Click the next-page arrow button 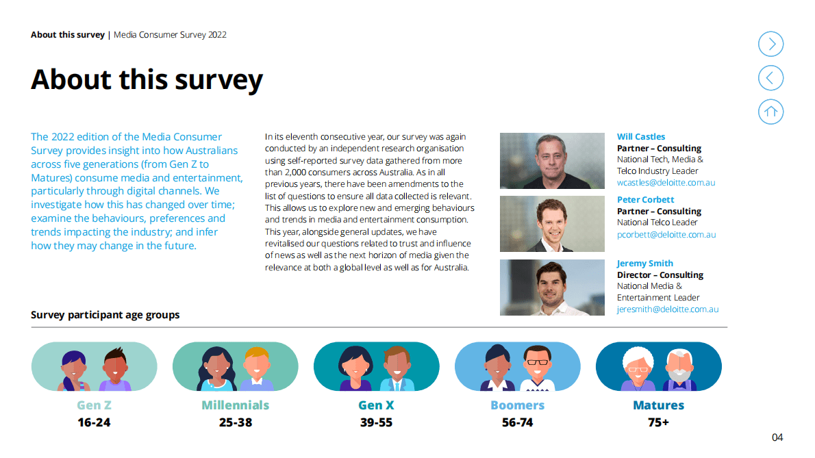tap(770, 44)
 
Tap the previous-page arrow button tap(770, 78)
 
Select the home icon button tap(770, 112)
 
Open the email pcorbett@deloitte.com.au tap(666, 234)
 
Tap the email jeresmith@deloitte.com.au tap(667, 309)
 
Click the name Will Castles tap(640, 137)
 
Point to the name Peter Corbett tap(645, 200)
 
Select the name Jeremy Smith tap(644, 264)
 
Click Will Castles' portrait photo tap(552, 161)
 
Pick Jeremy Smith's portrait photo tap(552, 288)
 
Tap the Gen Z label tap(94, 405)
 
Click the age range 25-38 tap(236, 422)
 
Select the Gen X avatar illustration tap(376, 367)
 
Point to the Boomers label tap(517, 405)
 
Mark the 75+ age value tap(658, 422)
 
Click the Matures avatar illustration tap(658, 367)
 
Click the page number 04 tap(777, 437)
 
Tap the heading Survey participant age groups tap(105, 315)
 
